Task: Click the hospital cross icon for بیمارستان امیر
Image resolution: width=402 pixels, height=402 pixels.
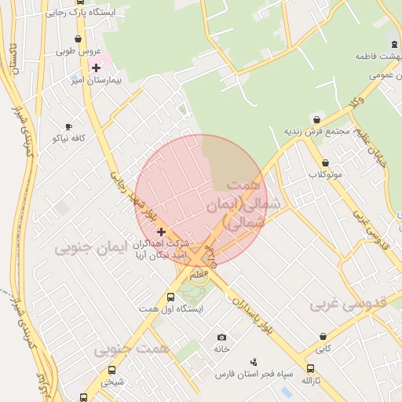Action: tap(96, 68)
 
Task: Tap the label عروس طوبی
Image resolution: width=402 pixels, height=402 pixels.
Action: tap(77, 52)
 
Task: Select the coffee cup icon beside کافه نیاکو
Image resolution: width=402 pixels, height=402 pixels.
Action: tap(68, 126)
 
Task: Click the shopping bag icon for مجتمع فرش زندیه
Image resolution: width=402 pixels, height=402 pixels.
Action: tap(316, 119)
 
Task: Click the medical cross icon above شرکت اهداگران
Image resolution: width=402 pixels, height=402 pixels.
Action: tap(161, 232)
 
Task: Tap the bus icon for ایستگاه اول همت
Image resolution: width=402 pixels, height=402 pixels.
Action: tap(170, 297)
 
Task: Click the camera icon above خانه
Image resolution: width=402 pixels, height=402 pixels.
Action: tap(221, 336)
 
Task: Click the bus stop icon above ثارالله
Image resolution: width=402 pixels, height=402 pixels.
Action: tap(311, 368)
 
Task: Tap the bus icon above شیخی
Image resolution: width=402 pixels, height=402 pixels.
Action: tap(111, 371)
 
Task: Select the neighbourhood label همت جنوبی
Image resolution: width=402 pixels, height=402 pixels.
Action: tap(126, 349)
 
